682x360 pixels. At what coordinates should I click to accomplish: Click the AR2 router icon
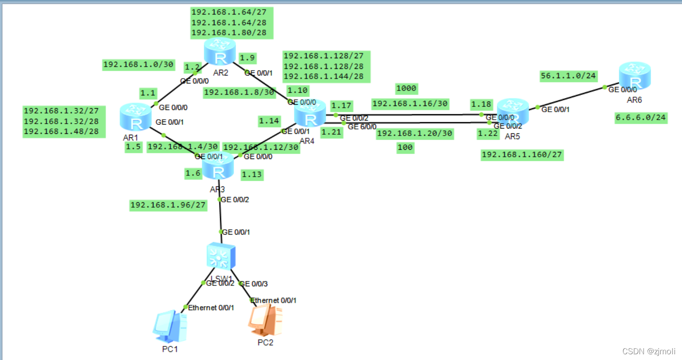pos(220,52)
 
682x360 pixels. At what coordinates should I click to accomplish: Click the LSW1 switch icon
pos(221,256)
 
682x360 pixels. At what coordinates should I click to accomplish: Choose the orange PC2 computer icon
pos(265,320)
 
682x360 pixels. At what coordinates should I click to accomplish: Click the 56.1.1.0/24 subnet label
pos(568,76)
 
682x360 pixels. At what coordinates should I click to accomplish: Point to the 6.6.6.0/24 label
pos(640,117)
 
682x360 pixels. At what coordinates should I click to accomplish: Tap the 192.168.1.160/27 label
pos(522,155)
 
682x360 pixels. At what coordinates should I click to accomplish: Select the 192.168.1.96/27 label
pos(168,205)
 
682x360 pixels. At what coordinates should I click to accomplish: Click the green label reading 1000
pos(406,88)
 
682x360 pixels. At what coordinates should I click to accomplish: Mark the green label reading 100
pos(405,148)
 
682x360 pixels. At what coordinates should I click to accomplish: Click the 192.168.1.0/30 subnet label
pos(138,64)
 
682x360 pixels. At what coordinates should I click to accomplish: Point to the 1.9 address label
pos(247,58)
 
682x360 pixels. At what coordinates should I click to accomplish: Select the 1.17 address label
pos(341,106)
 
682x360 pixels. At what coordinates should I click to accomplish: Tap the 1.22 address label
pos(488,133)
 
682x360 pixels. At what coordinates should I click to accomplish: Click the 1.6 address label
pos(193,173)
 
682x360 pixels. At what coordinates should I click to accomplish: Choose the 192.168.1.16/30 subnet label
pos(410,104)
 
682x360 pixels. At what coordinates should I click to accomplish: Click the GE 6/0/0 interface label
pos(362,127)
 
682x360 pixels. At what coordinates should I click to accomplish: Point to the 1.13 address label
pos(251,174)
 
